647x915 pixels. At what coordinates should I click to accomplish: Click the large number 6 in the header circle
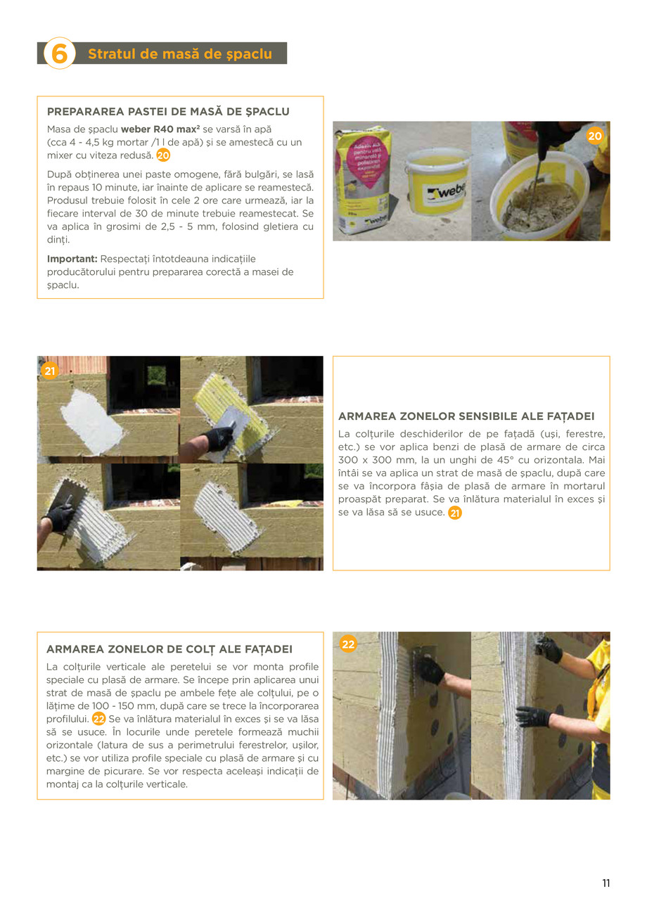tap(60, 53)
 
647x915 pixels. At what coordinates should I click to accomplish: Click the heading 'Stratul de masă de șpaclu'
tap(180, 54)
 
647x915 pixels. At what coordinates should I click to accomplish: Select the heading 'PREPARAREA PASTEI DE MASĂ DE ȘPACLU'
tap(168, 112)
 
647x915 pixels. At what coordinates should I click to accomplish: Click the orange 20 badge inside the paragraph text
tap(163, 155)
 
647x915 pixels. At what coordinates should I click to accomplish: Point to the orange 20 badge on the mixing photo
tap(595, 136)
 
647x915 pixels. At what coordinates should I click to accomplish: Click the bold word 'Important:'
tap(72, 259)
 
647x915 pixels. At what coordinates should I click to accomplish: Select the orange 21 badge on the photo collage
tap(49, 371)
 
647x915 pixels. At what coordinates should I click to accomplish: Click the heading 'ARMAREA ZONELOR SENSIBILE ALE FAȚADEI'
tap(466, 416)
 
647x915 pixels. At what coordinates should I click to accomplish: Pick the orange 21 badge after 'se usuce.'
tap(455, 513)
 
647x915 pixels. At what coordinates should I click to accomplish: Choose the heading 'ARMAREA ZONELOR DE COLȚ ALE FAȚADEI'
tap(169, 649)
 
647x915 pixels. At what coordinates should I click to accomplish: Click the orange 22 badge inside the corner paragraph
tap(99, 719)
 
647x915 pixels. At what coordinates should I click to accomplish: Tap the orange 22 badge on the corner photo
tap(348, 644)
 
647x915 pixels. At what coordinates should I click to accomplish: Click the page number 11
tap(606, 883)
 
